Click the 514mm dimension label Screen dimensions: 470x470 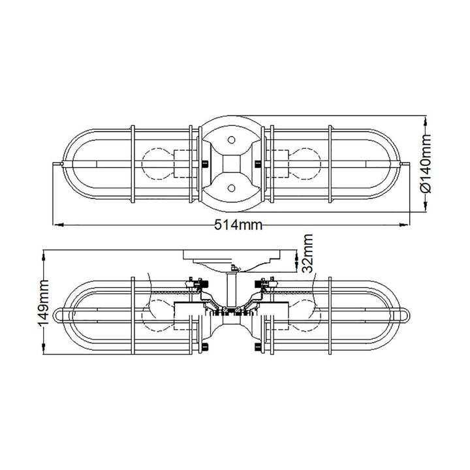click(238, 224)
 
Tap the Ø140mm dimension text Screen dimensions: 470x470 click(426, 164)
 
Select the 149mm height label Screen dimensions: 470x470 click(42, 303)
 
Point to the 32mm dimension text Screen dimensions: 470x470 click(307, 253)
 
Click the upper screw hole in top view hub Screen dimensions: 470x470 click(231, 140)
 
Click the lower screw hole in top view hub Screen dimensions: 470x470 click(231, 188)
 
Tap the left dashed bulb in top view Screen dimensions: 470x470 click(157, 164)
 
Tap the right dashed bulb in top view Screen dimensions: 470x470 click(305, 164)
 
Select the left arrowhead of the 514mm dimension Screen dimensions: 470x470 click(58, 224)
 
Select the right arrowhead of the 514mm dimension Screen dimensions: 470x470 click(404, 224)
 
